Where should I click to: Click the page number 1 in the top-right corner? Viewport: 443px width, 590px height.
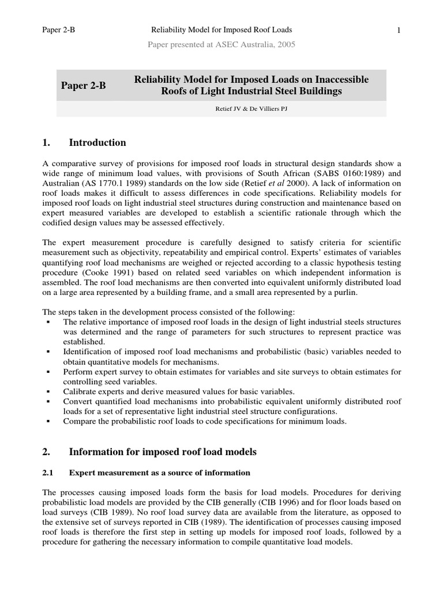click(x=399, y=30)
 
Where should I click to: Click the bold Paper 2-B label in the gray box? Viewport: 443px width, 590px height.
click(x=84, y=85)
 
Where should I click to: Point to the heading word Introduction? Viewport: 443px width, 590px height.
click(x=97, y=142)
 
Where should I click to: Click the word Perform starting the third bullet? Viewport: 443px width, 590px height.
click(x=78, y=372)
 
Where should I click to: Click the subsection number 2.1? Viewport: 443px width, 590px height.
click(x=48, y=473)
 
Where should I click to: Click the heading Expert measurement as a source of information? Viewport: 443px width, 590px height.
click(x=160, y=473)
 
